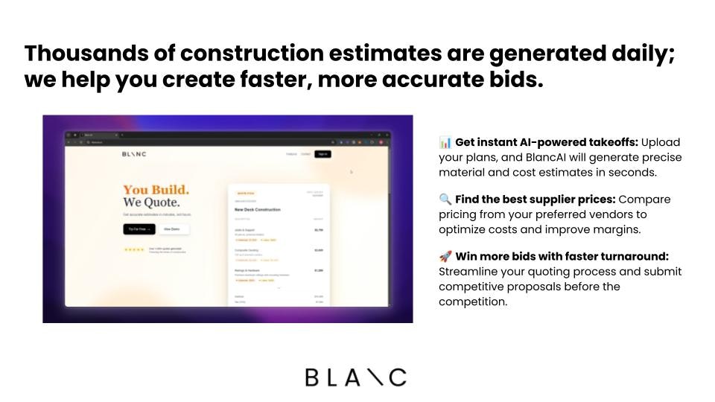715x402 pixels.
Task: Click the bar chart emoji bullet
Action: [445, 142]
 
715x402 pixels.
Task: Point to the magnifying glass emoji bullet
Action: [445, 200]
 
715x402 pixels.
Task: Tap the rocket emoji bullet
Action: [445, 257]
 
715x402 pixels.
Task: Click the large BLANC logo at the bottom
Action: [356, 377]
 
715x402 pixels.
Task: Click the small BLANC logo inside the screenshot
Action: [134, 154]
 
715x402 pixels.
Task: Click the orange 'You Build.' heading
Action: [156, 190]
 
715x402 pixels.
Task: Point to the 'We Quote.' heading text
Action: [151, 202]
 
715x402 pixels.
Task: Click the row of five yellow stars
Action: [134, 249]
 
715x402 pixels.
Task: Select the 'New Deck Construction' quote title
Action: [258, 210]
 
